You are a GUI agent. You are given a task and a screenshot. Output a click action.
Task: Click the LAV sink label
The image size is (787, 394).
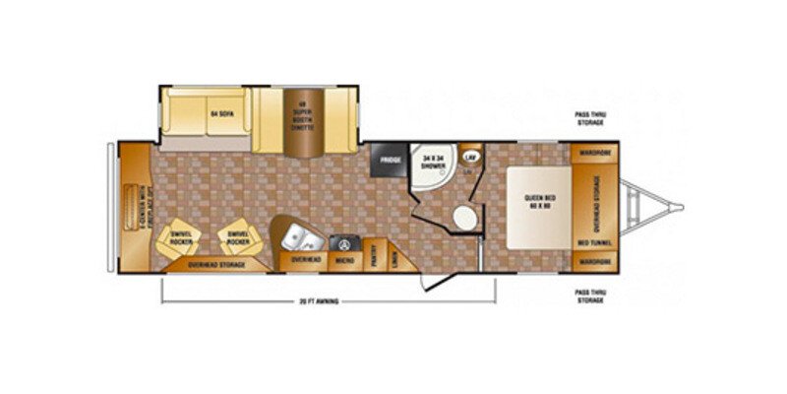coord(470,158)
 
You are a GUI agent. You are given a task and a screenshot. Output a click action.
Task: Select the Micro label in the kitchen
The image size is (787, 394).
coord(345,260)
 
